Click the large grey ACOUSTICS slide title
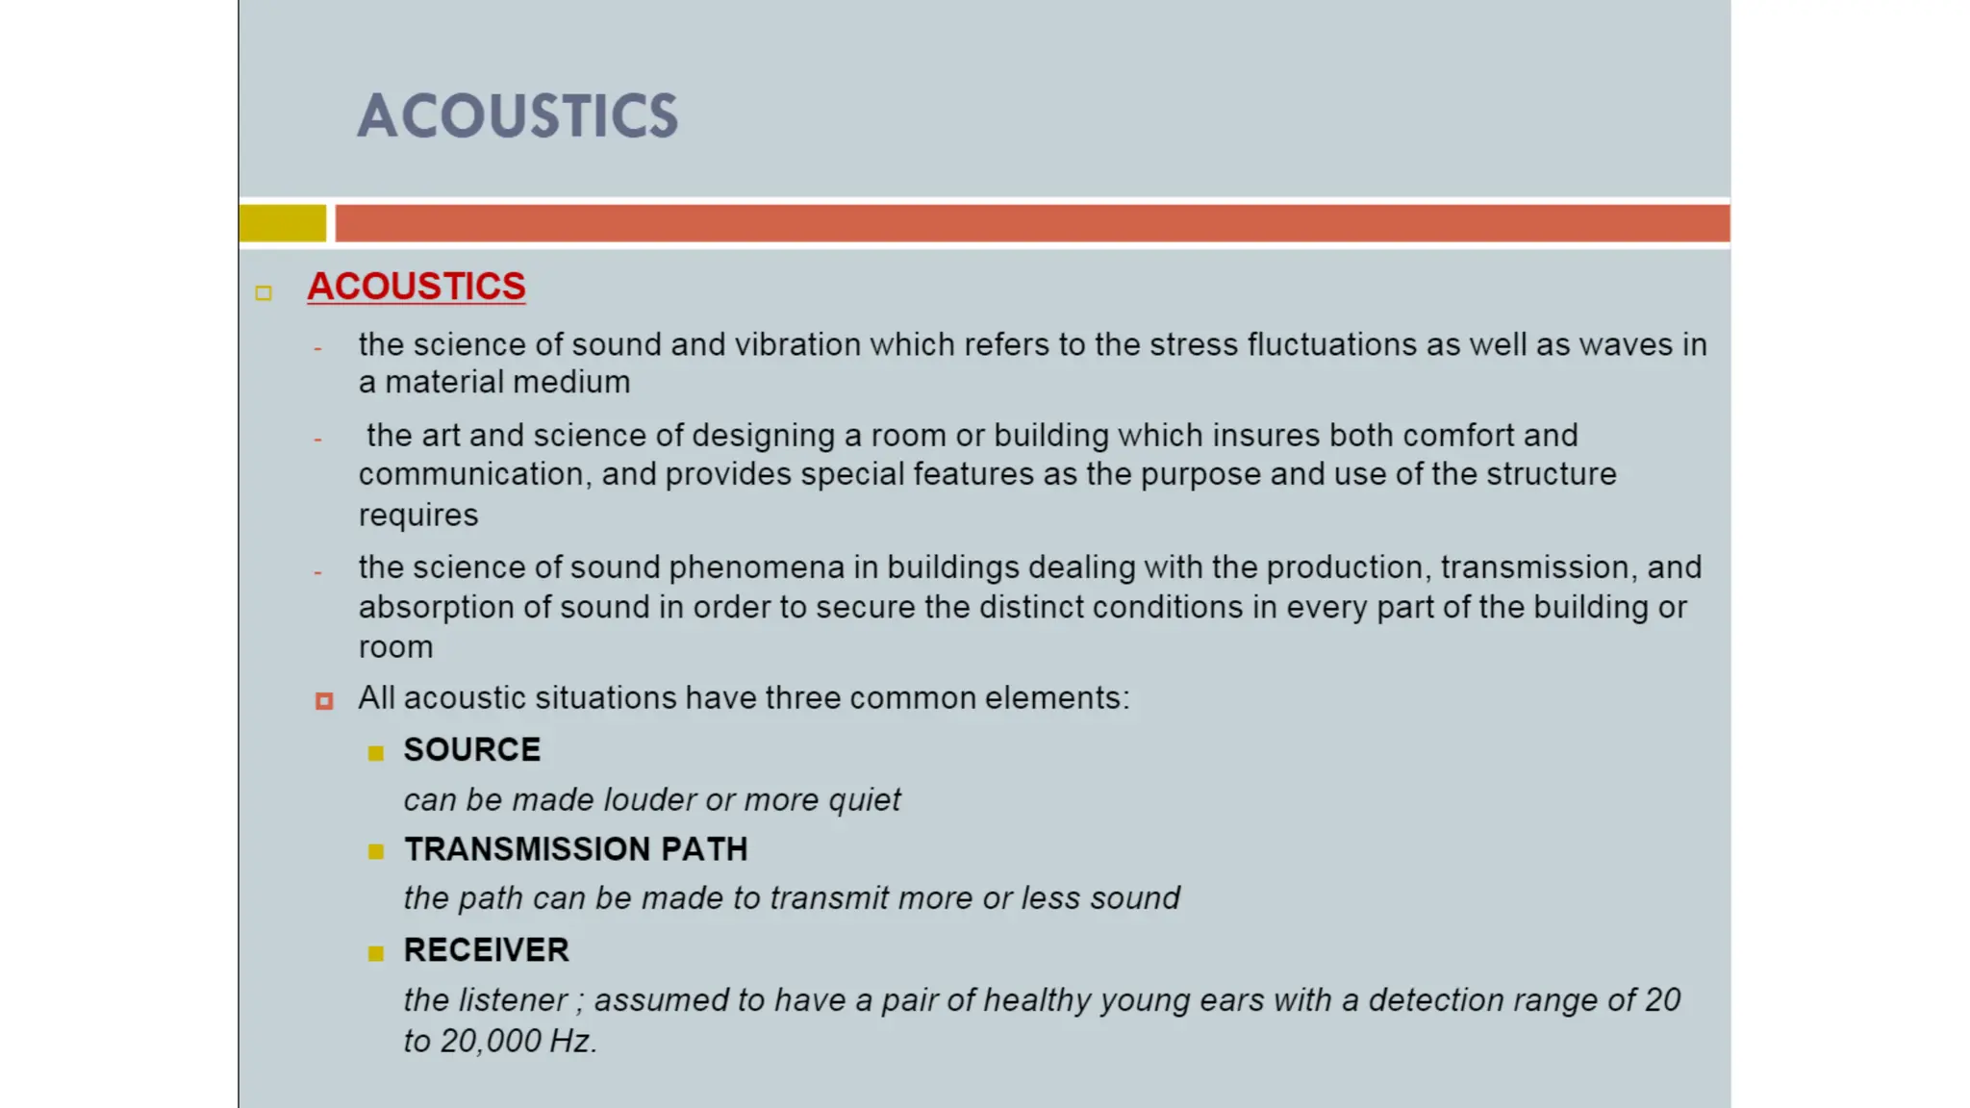518,116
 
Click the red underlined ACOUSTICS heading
416,287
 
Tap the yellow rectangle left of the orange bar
282,223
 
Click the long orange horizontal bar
1031,223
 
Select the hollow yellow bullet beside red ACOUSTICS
264,293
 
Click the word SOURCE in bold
471,750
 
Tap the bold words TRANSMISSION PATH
575,849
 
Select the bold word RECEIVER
486,950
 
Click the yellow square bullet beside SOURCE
376,753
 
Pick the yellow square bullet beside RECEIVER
376,953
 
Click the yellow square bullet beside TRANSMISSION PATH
376,851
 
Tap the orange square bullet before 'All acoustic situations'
324,701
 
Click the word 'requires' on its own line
417,516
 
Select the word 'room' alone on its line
395,647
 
